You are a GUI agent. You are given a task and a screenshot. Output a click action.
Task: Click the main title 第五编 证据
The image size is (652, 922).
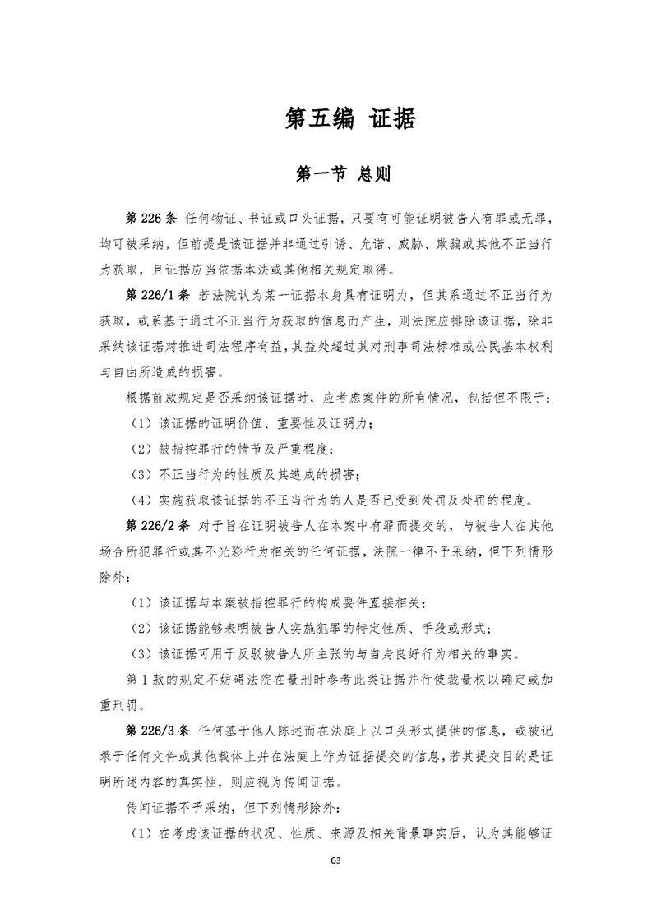pos(349,119)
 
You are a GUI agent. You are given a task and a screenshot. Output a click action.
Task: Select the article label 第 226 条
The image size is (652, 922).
pos(150,219)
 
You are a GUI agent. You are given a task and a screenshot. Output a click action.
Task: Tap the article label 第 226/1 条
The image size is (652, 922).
pos(156,294)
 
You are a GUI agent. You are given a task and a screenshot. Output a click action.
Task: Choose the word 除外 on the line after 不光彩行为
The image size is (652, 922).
pos(113,577)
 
